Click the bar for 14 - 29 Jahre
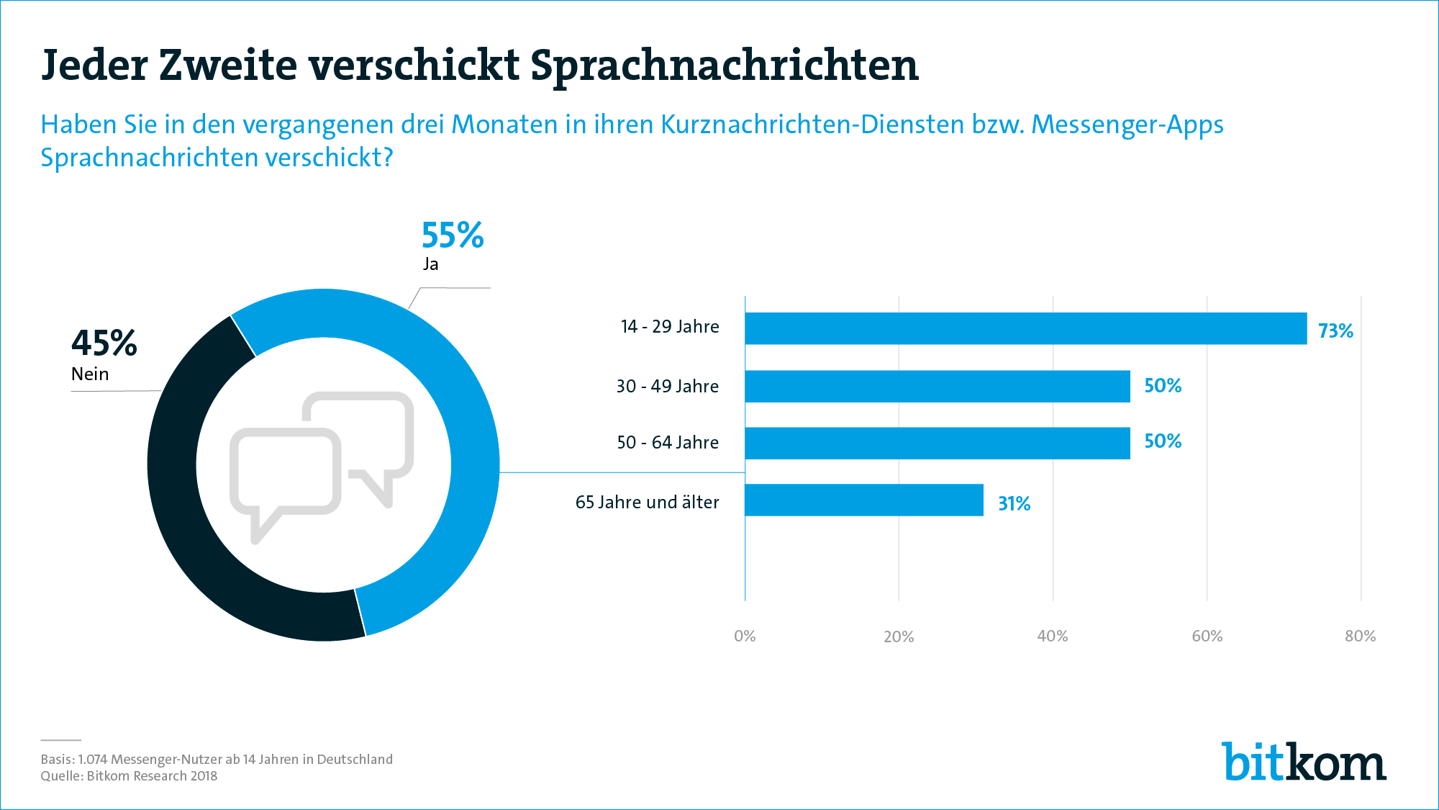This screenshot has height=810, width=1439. click(1025, 328)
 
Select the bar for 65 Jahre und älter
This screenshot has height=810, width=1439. click(863, 500)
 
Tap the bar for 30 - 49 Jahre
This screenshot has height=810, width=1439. click(937, 386)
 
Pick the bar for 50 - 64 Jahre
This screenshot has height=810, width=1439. click(937, 443)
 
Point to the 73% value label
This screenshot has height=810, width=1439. click(1335, 330)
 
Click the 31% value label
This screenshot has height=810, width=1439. click(1014, 503)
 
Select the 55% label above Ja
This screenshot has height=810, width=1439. click(453, 235)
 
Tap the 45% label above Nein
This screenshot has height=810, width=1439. click(104, 343)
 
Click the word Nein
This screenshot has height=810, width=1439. click(90, 374)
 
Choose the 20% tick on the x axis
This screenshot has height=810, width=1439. click(899, 636)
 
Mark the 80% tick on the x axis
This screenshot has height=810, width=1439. click(1360, 636)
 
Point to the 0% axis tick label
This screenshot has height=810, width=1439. click(745, 636)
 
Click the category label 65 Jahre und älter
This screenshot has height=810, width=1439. click(647, 502)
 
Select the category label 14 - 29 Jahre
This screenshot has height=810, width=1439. click(670, 327)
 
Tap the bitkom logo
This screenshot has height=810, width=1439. click(1304, 762)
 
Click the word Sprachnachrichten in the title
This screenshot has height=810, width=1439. click(724, 66)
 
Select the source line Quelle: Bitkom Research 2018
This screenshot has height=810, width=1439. click(129, 776)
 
